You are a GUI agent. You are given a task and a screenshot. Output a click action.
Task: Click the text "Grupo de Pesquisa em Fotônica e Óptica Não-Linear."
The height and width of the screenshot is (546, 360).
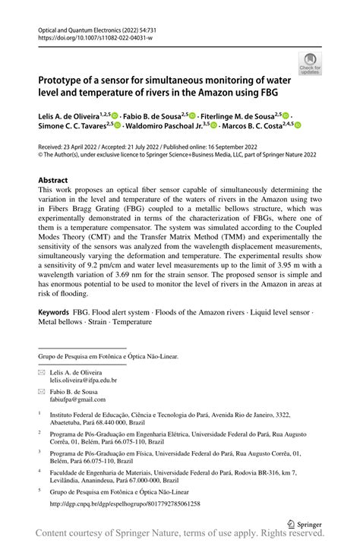click(x=108, y=355)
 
